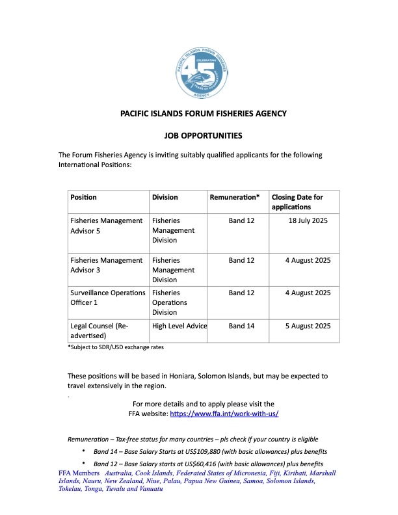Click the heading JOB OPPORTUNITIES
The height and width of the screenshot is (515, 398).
pyautogui.click(x=203, y=136)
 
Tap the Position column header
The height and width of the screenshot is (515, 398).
pyautogui.click(x=84, y=197)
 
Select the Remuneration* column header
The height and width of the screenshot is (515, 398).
pyautogui.click(x=235, y=197)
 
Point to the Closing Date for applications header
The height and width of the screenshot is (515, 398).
pyautogui.click(x=297, y=202)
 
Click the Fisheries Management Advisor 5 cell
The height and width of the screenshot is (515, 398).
pyautogui.click(x=106, y=226)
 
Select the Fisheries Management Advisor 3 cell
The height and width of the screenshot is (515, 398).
pyautogui.click(x=106, y=265)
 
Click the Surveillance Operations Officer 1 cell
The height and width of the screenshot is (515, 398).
pyautogui.click(x=107, y=298)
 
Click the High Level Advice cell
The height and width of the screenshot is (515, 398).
pyautogui.click(x=179, y=326)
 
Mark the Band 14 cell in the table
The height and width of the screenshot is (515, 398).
pyautogui.click(x=241, y=326)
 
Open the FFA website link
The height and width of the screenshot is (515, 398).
pyautogui.click(x=224, y=414)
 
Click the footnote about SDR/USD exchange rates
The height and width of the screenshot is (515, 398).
pyautogui.click(x=116, y=347)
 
